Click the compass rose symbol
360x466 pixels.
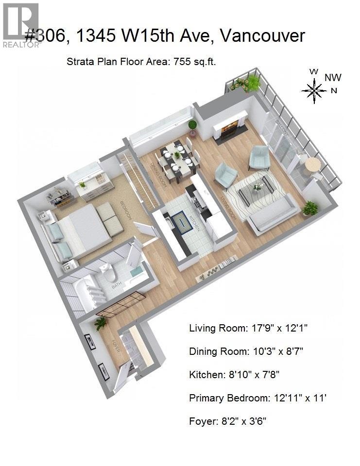314,90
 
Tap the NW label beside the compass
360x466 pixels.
333,77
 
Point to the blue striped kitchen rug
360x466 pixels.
182,223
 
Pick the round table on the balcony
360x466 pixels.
313,165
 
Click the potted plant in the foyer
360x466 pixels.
101,322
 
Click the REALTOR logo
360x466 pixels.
21,25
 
